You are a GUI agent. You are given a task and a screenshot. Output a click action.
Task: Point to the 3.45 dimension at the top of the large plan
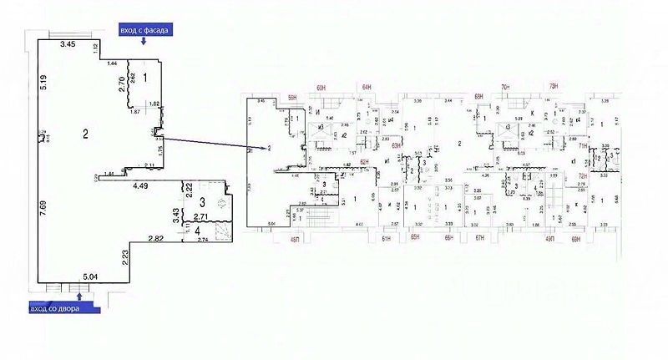(68, 43)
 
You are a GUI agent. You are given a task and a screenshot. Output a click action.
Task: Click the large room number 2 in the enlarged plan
(84, 134)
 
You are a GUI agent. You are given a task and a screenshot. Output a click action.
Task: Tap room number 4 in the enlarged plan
(197, 231)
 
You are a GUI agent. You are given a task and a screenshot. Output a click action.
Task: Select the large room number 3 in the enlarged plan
(202, 203)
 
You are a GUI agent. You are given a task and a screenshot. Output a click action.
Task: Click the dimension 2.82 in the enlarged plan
(155, 240)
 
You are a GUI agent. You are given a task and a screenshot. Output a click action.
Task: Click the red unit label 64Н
(366, 86)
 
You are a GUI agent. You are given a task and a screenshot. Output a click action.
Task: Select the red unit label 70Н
(504, 86)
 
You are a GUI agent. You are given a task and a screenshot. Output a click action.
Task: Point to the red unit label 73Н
(552, 86)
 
